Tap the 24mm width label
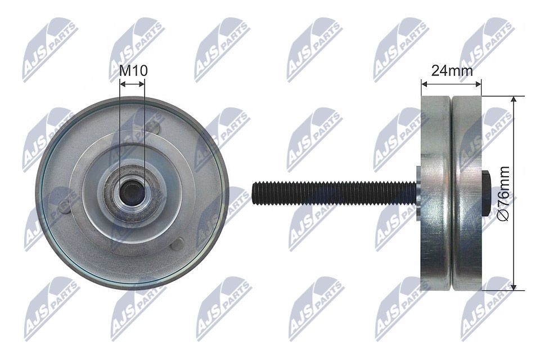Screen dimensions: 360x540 (452, 70)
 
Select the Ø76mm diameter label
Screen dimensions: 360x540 (504, 193)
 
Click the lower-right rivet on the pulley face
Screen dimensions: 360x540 (177, 244)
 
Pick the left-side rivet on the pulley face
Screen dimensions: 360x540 (65, 206)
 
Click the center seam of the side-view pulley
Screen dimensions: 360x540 (451, 193)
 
